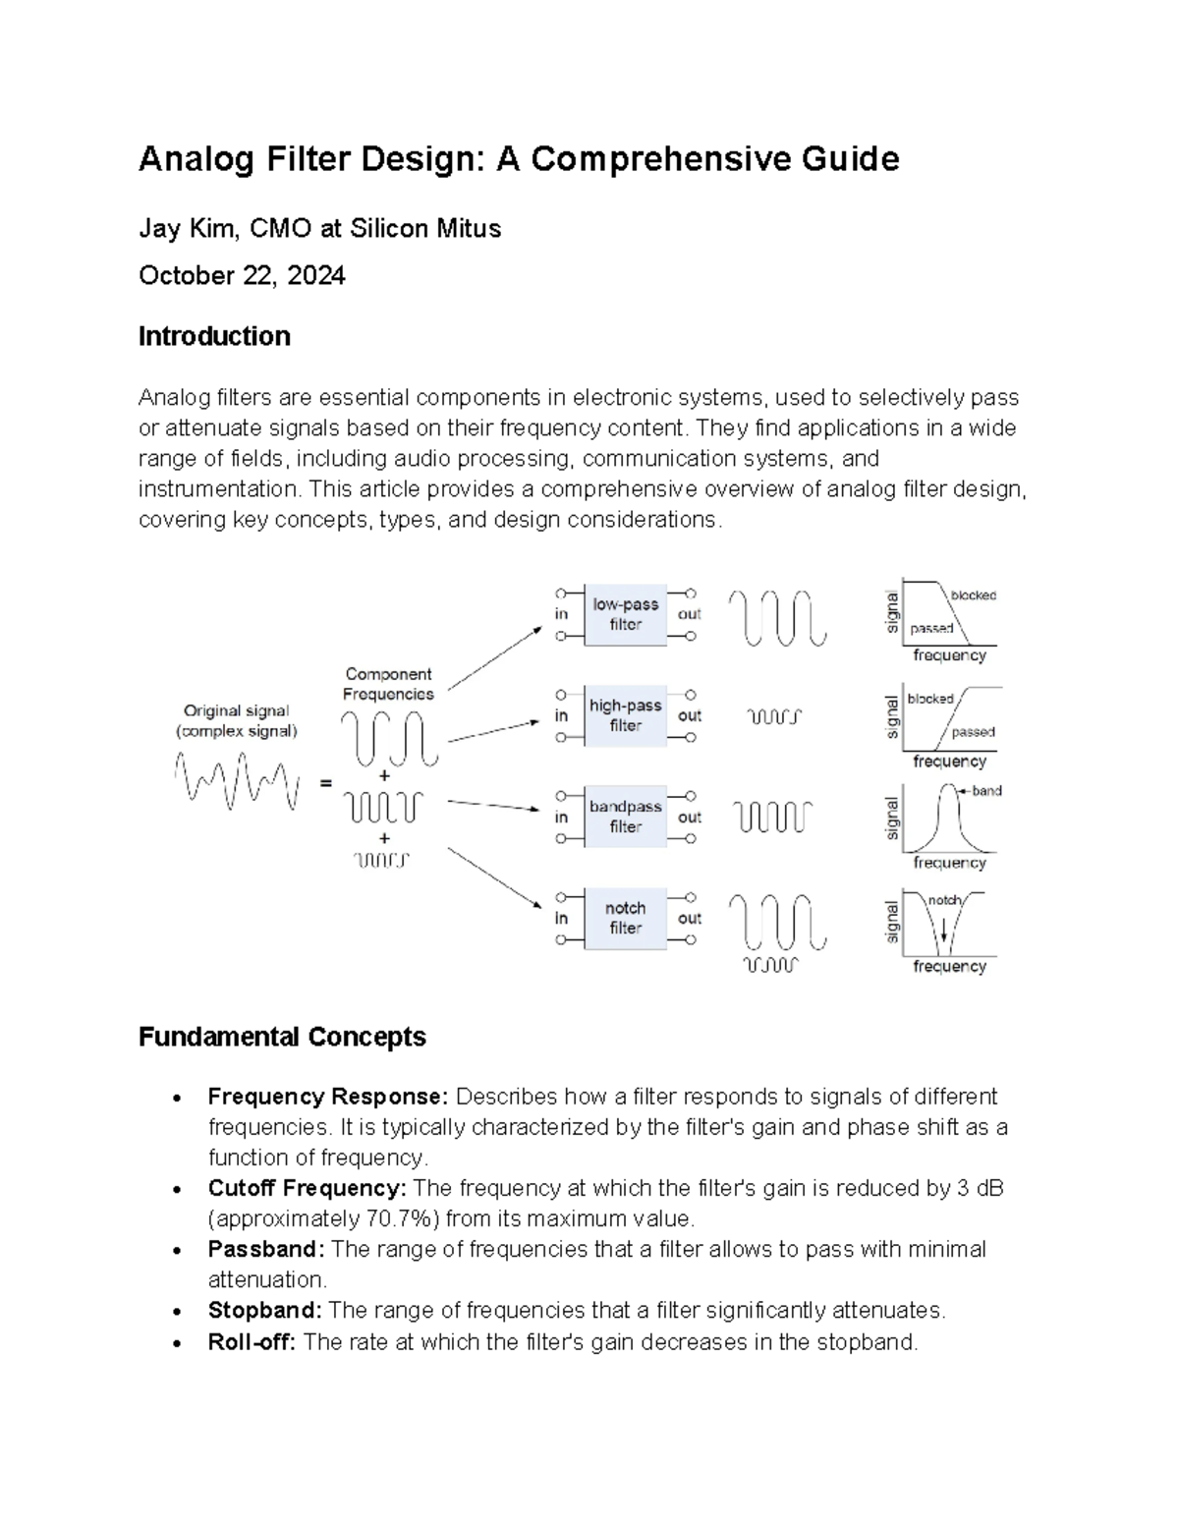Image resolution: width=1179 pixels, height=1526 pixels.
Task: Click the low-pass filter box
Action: pos(625,615)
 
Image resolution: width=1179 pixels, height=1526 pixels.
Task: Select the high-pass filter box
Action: pos(625,716)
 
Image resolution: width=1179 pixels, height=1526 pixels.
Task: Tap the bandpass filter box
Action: pos(625,817)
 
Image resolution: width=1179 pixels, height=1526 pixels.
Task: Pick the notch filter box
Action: pos(625,918)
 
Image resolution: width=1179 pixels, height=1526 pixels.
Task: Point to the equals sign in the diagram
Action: pos(325,783)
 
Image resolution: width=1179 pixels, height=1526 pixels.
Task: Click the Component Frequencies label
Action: pos(388,684)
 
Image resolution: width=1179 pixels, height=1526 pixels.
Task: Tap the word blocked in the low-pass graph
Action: pos(973,595)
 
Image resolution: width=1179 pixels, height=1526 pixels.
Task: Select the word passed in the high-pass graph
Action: pos(973,732)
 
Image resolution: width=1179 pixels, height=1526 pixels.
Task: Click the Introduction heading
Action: pos(214,336)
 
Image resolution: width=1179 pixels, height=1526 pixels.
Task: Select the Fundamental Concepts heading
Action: pos(282,1037)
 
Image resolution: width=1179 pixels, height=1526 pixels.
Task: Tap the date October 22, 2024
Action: pos(242,275)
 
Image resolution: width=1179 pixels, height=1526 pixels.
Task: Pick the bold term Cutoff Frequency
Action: pos(307,1188)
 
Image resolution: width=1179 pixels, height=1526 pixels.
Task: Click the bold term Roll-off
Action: pos(252,1341)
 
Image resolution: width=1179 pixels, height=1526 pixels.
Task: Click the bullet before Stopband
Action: pos(176,1312)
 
